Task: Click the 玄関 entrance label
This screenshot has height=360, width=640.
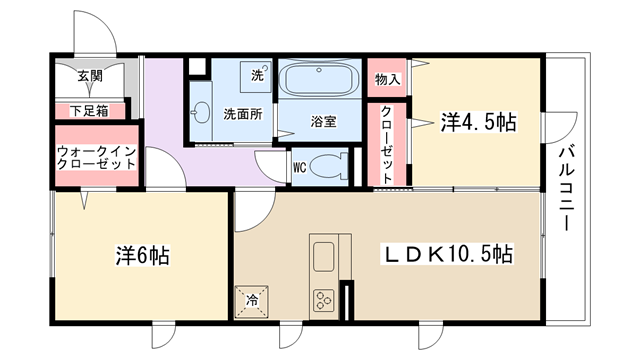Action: [x=90, y=76]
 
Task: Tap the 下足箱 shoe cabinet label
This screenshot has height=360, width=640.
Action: [x=89, y=111]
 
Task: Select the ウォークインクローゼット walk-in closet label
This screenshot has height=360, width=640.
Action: [x=96, y=158]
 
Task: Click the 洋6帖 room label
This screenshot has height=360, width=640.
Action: [x=142, y=256]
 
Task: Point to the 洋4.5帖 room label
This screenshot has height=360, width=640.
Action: [x=478, y=122]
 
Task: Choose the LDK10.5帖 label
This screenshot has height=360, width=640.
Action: [x=447, y=254]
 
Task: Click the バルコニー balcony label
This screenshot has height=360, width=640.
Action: [x=567, y=188]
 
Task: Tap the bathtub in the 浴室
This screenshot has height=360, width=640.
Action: [x=319, y=79]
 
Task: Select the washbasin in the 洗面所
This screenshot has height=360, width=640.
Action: [x=202, y=111]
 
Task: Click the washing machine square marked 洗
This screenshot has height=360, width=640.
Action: [x=256, y=76]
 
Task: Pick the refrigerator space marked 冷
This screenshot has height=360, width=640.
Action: [x=252, y=301]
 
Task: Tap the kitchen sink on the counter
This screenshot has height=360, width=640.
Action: [x=324, y=256]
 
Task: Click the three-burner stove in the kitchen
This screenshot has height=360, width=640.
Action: [x=324, y=300]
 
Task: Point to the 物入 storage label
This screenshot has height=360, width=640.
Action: [x=387, y=79]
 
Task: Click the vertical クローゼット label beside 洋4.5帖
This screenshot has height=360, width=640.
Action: [x=387, y=144]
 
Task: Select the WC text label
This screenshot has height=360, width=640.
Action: [x=300, y=168]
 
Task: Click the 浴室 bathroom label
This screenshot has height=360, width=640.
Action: [x=323, y=121]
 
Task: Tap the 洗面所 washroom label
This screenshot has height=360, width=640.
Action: [x=243, y=114]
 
